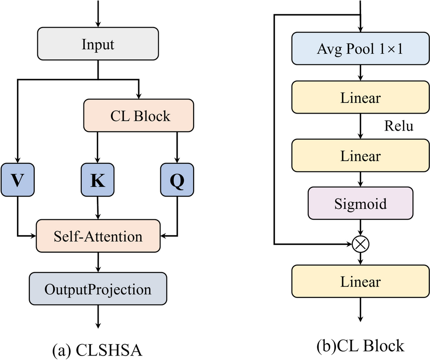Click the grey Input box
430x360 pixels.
pyautogui.click(x=98, y=44)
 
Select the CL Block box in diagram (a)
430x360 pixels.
pyautogui.click(x=139, y=116)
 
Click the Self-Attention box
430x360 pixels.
pyautogui.click(x=98, y=236)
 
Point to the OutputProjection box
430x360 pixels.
pyautogui.click(x=98, y=289)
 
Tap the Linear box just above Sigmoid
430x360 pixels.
pyautogui.click(x=360, y=156)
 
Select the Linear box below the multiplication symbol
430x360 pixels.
pyautogui.click(x=360, y=282)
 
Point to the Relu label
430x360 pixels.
pyautogui.click(x=398, y=127)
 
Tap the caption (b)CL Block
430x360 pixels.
pyautogui.click(x=360, y=345)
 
